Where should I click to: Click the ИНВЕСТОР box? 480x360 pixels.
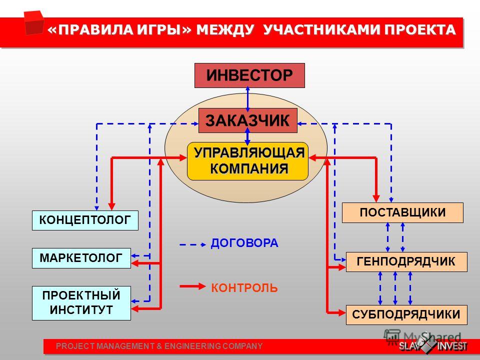click(x=249, y=75)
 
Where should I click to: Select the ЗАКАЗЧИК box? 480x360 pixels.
click(x=247, y=120)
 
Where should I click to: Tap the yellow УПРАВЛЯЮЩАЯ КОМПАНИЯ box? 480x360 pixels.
click(x=247, y=161)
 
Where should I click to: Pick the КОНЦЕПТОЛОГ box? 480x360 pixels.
click(x=85, y=220)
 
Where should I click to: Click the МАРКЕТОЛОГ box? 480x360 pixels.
click(x=81, y=258)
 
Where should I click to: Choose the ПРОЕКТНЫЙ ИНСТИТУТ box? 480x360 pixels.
click(x=81, y=303)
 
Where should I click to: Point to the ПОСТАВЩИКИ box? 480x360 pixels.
click(x=402, y=212)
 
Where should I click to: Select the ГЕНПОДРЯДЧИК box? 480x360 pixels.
click(x=406, y=261)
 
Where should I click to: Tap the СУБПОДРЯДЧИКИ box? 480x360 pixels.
click(x=406, y=314)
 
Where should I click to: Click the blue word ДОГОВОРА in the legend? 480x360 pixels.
click(x=244, y=243)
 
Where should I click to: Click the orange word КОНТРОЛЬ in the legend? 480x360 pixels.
click(x=244, y=288)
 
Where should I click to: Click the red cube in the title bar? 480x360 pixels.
click(x=34, y=22)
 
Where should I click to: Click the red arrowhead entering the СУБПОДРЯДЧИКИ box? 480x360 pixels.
click(x=342, y=313)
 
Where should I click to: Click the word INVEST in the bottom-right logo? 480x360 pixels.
click(x=452, y=346)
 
